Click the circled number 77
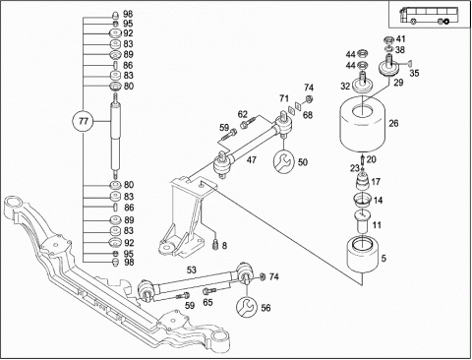pos(84,122)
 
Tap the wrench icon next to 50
pos(284,161)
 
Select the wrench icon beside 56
pos(247,307)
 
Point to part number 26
pos(393,123)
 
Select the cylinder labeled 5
pos(362,255)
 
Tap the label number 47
pos(252,160)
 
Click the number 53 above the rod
pos(192,270)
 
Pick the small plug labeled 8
pos(215,245)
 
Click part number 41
pos(400,39)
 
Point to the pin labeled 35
pos(409,63)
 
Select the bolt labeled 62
pos(248,123)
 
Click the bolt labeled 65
pos(208,291)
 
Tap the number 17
pos(376,181)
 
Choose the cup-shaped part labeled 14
pos(362,200)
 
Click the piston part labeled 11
pos(362,221)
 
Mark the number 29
pos(398,83)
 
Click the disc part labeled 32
pos(363,84)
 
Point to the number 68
pos(308,115)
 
